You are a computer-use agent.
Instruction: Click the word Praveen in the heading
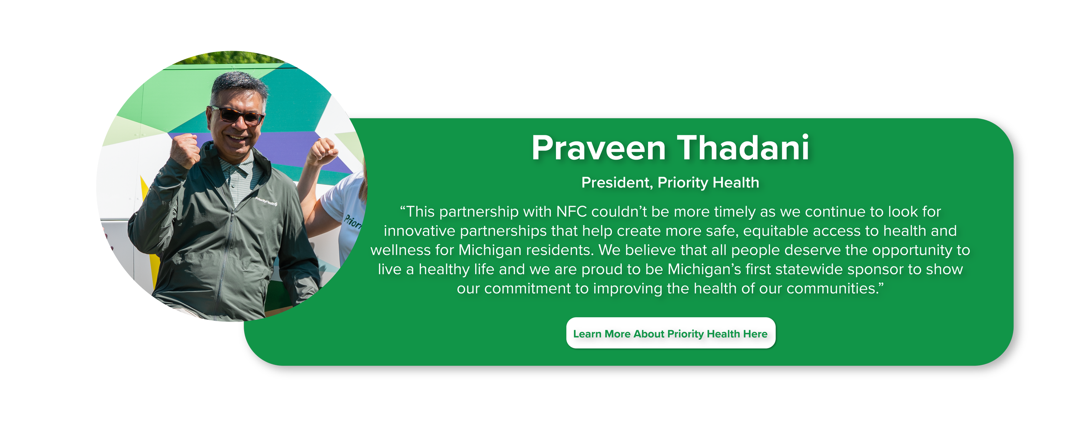(599, 148)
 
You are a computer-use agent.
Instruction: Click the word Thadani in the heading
(743, 148)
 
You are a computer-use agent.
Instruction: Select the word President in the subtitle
(616, 183)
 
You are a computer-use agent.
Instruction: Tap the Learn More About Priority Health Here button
(670, 333)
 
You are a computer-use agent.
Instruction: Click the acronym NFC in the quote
(572, 212)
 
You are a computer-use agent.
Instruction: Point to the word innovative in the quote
(419, 231)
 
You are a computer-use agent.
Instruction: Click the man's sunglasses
(238, 115)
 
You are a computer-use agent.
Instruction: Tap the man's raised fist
(185, 150)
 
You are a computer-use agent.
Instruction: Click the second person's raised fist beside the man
(323, 151)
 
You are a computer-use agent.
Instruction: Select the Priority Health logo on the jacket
(265, 201)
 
